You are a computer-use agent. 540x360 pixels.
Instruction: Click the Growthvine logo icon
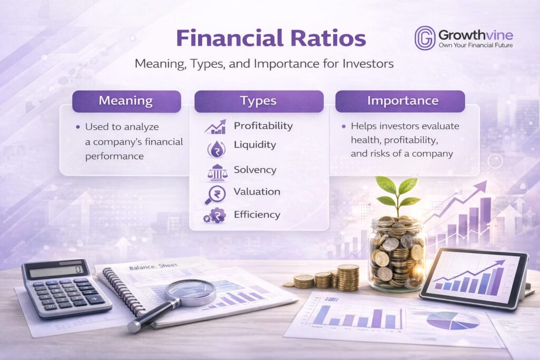[425, 38]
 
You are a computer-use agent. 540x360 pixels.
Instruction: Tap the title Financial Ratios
[271, 40]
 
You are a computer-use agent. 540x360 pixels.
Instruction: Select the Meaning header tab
[126, 101]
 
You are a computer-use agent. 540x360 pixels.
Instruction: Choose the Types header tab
[258, 101]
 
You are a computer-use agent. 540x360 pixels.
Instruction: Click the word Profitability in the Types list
[263, 126]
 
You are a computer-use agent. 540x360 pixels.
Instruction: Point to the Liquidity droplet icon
[215, 148]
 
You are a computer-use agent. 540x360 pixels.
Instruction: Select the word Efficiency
[257, 215]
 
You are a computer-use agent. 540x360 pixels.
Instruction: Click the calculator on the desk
[65, 288]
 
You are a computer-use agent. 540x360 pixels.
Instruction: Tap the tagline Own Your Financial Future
[476, 45]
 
